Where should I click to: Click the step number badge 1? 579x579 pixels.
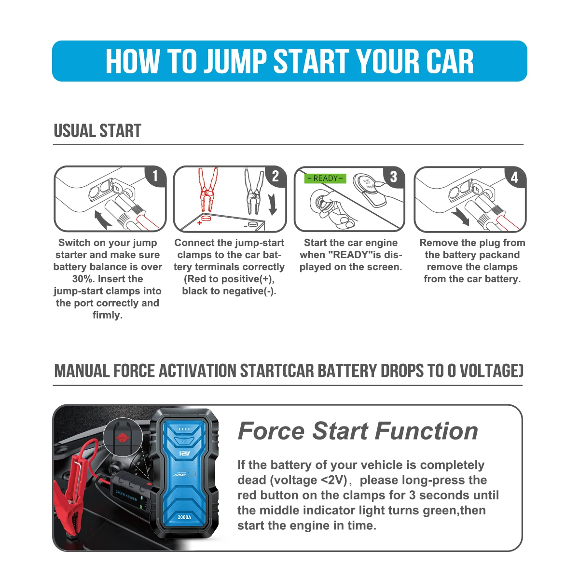point(155,176)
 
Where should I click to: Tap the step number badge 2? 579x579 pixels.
point(275,176)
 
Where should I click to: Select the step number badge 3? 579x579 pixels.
point(393,177)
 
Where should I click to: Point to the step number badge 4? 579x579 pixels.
point(514,177)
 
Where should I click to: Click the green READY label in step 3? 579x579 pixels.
point(325,178)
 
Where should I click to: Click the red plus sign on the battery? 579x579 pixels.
point(199,223)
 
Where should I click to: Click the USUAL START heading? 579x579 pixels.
point(97,131)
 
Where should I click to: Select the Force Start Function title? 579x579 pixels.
point(358,431)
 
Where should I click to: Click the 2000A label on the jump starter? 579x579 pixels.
point(184,517)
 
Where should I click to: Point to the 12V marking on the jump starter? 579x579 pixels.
point(184,454)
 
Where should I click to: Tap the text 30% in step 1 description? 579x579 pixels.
point(83,279)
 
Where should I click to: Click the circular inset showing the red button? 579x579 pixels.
point(122,438)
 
